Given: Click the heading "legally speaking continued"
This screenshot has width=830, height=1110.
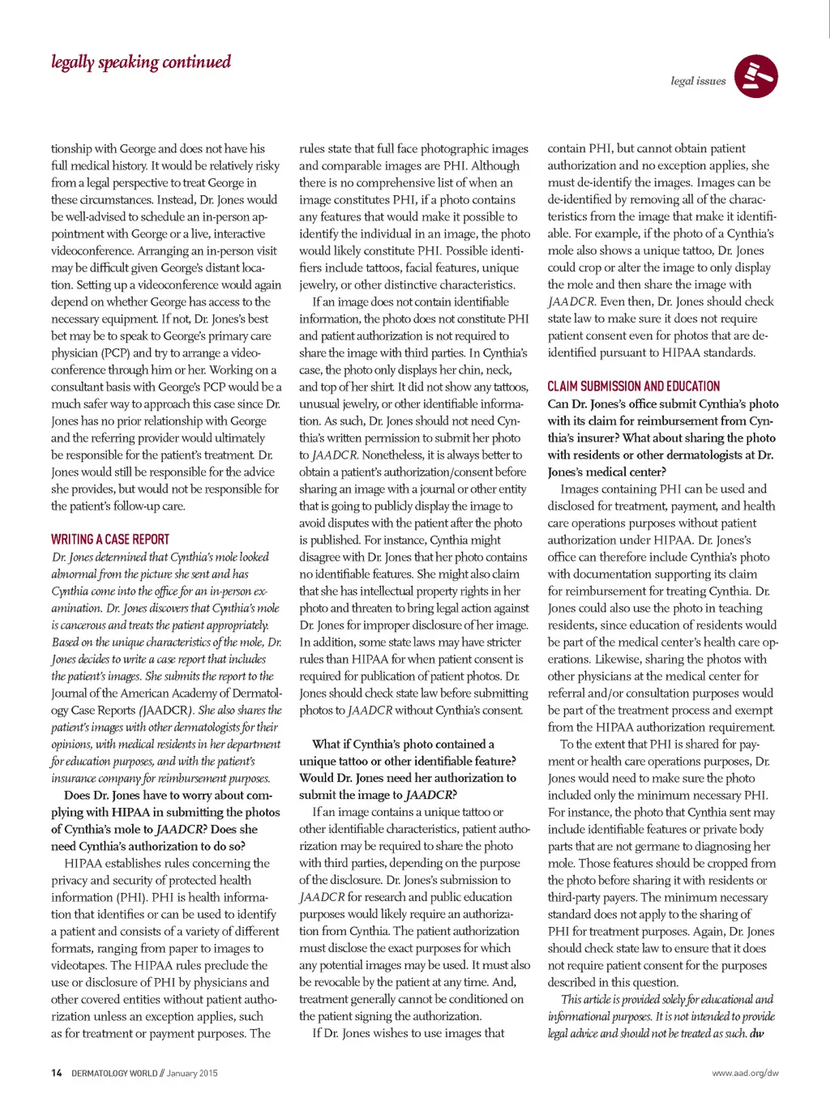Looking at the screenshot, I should [141, 62].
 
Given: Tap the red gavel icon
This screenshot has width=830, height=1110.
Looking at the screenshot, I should [756, 77].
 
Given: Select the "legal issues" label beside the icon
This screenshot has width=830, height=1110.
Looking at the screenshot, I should [698, 81].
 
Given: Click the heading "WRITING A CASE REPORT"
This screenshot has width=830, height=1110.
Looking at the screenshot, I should [110, 540].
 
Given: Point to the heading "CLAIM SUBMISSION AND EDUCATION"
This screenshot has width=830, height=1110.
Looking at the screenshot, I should [634, 386].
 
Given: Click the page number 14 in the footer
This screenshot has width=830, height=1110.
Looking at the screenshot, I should [56, 1073].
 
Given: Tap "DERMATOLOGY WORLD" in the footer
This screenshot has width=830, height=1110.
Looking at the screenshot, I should [114, 1073].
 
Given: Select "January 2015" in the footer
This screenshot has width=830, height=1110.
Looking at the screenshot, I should [192, 1073].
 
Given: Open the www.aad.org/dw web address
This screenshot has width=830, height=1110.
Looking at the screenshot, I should [745, 1073].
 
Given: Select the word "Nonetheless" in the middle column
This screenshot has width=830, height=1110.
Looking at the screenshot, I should [392, 455].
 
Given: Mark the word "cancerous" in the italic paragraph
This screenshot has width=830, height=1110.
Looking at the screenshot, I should [79, 625].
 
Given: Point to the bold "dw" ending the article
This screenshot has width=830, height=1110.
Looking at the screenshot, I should [756, 1034].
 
